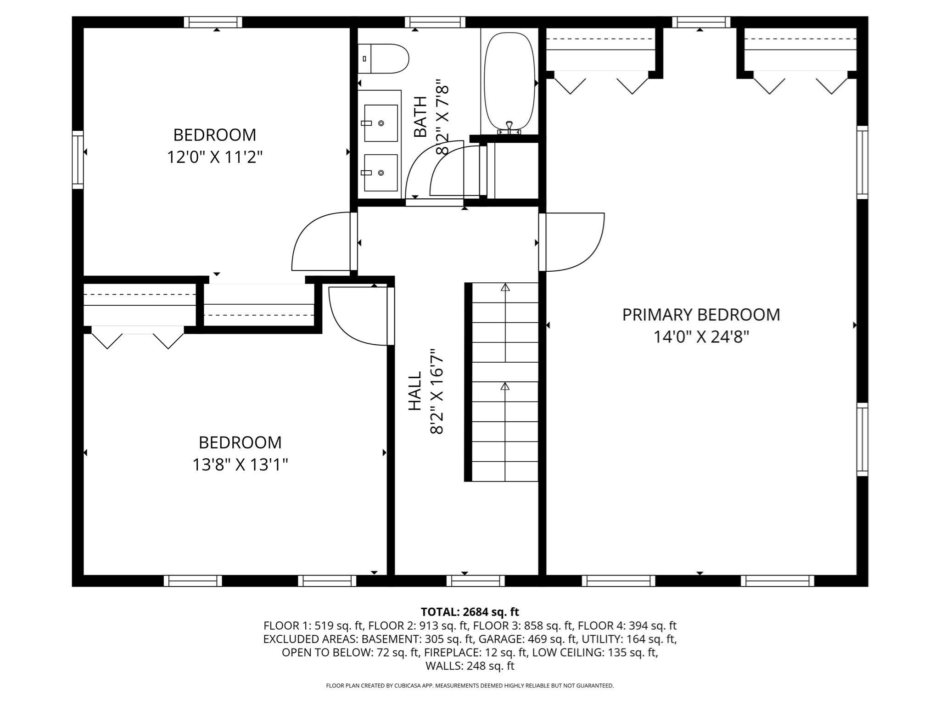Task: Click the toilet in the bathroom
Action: tap(384, 59)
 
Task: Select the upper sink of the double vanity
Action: tap(380, 123)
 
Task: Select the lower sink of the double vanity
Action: tap(380, 173)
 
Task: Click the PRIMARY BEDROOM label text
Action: tap(701, 315)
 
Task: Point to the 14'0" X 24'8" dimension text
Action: tap(701, 337)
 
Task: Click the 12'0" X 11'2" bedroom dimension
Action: tap(214, 157)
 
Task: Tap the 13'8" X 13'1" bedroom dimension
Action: tap(240, 465)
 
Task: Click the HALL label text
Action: tap(415, 391)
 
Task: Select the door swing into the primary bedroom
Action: tap(574, 242)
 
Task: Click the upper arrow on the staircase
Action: tap(505, 288)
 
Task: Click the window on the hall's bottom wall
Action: tap(476, 581)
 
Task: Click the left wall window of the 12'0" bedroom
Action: tap(78, 160)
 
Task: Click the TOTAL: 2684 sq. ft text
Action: tap(470, 612)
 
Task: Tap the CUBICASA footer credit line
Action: tap(470, 686)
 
